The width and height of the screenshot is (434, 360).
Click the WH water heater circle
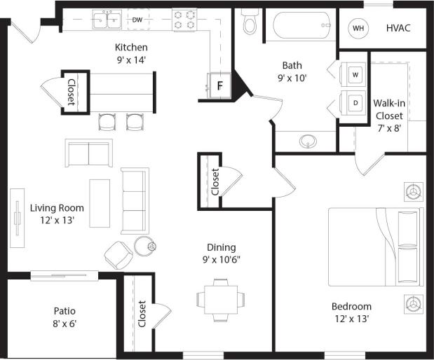pos(358,29)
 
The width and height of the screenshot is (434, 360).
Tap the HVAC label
pos(398,29)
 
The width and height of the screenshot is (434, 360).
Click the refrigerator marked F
pos(219,87)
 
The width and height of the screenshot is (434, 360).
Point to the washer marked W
pos(355,74)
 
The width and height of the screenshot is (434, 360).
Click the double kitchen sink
pos(107,20)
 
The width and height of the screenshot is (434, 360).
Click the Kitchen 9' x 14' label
pos(131,53)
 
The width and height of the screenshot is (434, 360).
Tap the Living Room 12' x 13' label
pos(57,214)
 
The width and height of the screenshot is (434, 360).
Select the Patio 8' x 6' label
pos(64,317)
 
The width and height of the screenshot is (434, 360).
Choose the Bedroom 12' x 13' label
pos(351,312)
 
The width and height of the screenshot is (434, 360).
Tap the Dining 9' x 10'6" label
pos(221,253)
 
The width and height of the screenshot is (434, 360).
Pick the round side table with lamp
pos(145,247)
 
